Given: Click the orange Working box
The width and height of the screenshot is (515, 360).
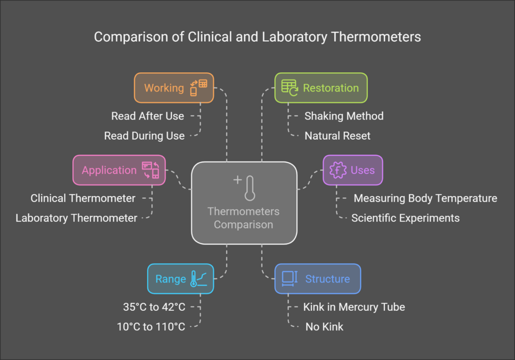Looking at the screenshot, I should click(174, 88).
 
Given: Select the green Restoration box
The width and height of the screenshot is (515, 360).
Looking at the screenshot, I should click(321, 88).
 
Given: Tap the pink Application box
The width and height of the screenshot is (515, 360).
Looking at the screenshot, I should click(119, 170).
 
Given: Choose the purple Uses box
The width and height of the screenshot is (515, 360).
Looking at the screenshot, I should click(353, 170).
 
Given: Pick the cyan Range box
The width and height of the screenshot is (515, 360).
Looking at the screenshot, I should click(180, 279).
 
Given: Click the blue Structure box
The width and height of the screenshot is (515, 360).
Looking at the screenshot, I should click(317, 279).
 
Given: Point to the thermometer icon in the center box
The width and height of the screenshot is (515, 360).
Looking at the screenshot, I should click(250, 189).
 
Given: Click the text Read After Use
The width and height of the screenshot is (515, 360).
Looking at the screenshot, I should click(147, 116).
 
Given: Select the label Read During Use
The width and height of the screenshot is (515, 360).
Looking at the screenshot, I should click(144, 136).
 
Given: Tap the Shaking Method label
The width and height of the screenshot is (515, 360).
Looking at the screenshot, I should click(344, 116).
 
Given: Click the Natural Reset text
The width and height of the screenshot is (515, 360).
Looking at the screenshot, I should click(337, 136).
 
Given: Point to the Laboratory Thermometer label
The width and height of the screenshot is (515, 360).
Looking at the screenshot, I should click(76, 218).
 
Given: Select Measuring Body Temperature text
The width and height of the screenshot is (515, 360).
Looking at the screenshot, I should click(425, 198).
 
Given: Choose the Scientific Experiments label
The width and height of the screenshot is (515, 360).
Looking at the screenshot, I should click(405, 218).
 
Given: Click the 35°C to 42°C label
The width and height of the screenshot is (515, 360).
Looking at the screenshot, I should click(155, 307).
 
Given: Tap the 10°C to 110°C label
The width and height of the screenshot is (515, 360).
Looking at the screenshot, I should click(151, 327).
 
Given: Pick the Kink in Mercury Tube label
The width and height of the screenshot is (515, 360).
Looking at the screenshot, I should click(354, 307).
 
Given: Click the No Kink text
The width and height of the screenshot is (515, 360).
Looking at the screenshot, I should click(324, 327).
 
